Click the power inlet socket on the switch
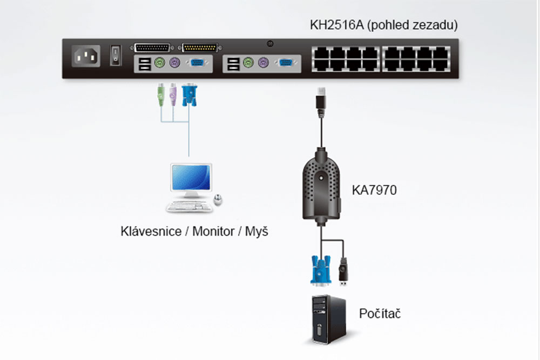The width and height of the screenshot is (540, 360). [x=87, y=56]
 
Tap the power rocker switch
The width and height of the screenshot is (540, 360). [x=114, y=55]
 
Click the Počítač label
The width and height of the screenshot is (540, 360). [x=380, y=314]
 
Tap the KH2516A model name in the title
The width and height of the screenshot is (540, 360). [x=336, y=25]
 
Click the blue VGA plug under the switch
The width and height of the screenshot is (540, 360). [x=188, y=94]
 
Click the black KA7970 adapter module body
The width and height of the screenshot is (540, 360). [x=321, y=184]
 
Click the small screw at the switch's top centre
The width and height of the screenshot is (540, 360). [x=271, y=43]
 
